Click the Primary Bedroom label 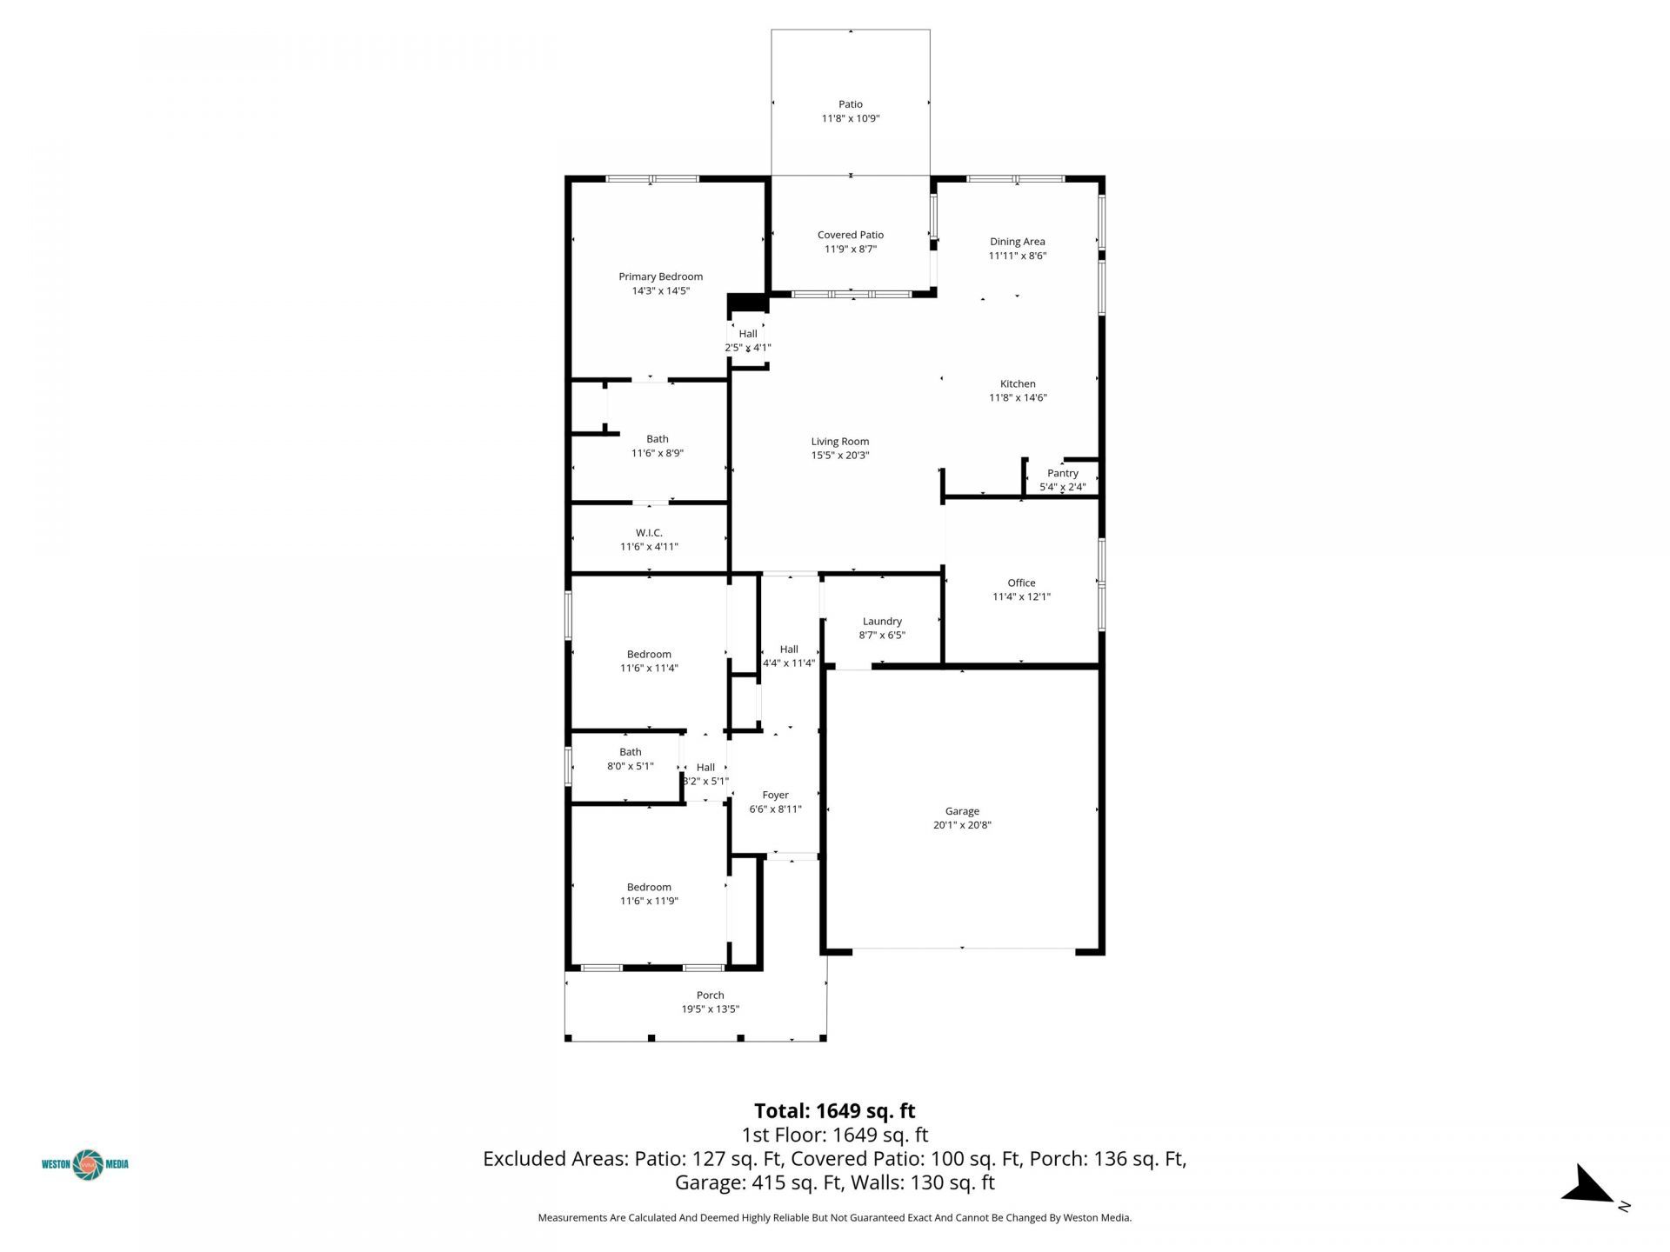pos(660,276)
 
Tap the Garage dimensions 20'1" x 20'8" pos(962,825)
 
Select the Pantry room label pos(1062,473)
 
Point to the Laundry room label pos(882,621)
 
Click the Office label pos(1021,583)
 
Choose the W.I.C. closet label pos(649,533)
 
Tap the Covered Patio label pos(850,235)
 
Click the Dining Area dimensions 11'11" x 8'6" pos(1017,256)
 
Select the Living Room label pos(839,441)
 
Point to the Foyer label pos(775,795)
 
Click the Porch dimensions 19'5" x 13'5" pos(710,1009)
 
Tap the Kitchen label pos(1018,383)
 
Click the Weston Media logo pos(86,1164)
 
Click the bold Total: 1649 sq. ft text pos(834,1111)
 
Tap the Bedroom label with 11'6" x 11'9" pos(649,887)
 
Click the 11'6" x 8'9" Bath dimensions pos(657,453)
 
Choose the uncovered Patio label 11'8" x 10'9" pos(850,104)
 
